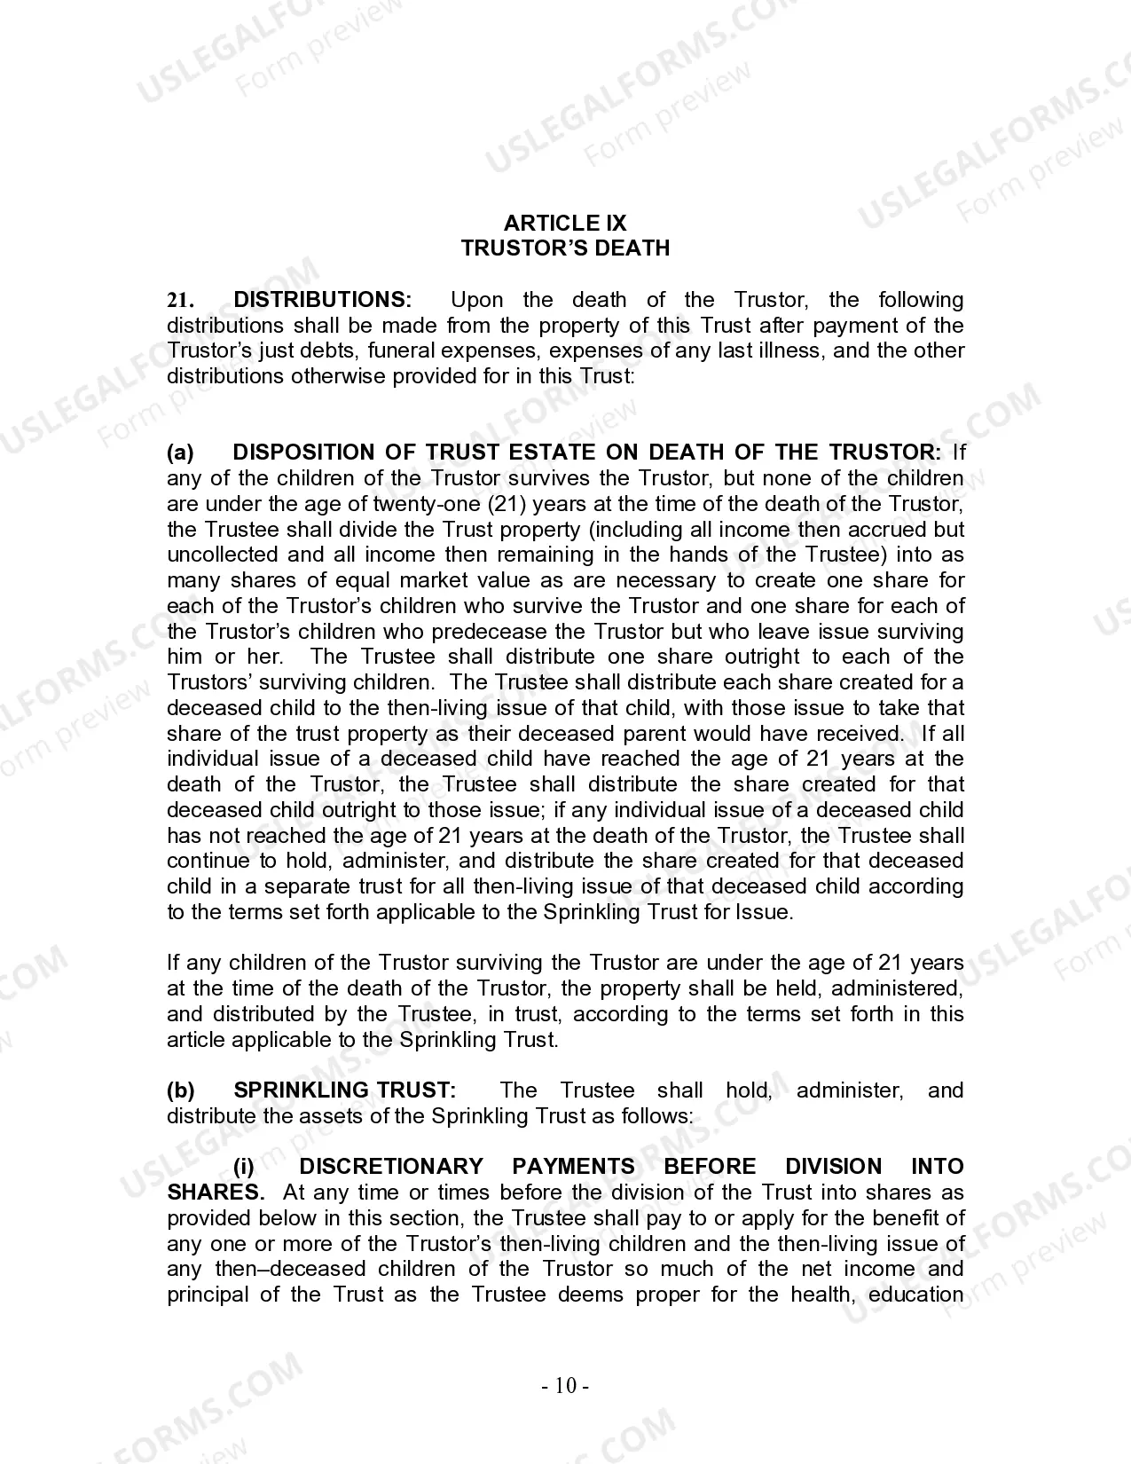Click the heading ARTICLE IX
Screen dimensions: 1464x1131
565,223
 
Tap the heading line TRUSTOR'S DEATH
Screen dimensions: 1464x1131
565,248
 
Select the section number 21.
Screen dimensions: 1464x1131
179,301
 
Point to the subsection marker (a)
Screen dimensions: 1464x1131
180,453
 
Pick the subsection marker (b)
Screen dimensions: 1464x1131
180,1090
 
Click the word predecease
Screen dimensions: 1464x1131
491,632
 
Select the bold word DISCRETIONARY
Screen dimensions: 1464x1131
391,1167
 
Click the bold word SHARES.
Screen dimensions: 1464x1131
215,1192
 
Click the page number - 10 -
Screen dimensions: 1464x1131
566,1386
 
